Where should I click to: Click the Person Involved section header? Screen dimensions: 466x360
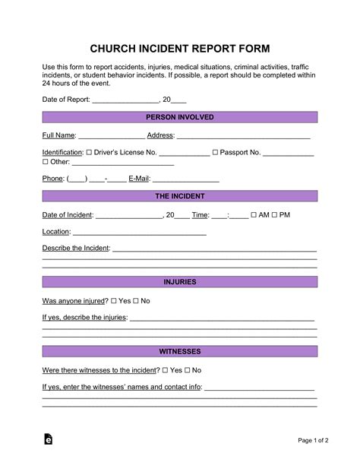pyautogui.click(x=179, y=117)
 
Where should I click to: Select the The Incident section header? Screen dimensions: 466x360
pyautogui.click(x=179, y=196)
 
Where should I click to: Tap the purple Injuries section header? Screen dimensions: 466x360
pyautogui.click(x=179, y=282)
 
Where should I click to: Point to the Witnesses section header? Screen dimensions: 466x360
pyautogui.click(x=179, y=352)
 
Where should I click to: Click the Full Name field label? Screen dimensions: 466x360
pyautogui.click(x=58, y=135)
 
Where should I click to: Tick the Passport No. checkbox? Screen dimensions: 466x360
pyautogui.click(x=216, y=153)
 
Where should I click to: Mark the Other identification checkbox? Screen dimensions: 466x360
pyautogui.click(x=45, y=162)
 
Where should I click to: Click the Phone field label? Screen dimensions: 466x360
pyautogui.click(x=52, y=179)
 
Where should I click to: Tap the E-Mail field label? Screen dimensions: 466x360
pyautogui.click(x=140, y=179)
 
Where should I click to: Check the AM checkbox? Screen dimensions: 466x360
pyautogui.click(x=254, y=215)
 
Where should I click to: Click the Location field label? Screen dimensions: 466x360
pyautogui.click(x=56, y=232)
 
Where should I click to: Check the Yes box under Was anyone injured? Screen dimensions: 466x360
pyautogui.click(x=115, y=301)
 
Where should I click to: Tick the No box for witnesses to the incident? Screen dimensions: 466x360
pyautogui.click(x=187, y=370)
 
